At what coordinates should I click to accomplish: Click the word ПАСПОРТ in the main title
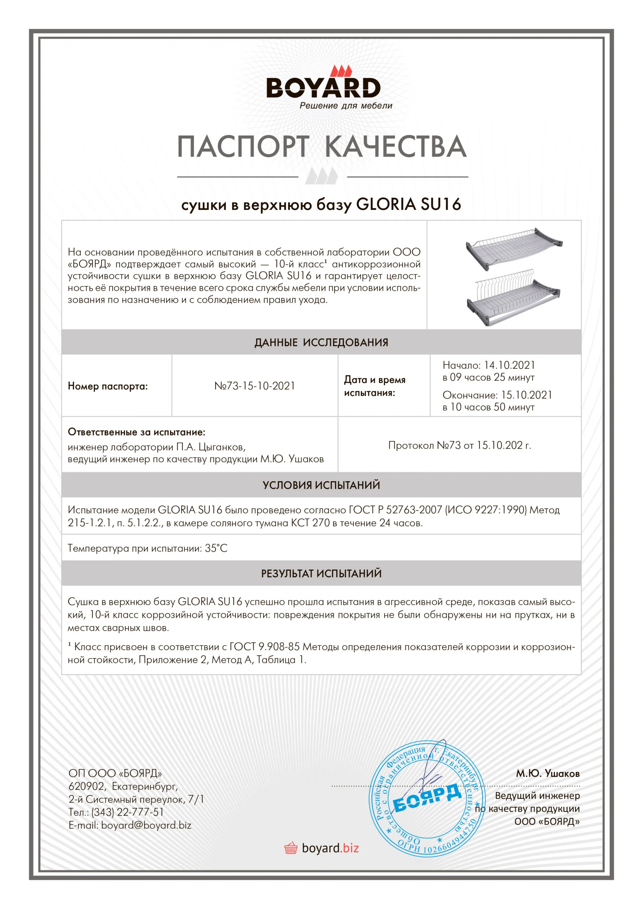243,147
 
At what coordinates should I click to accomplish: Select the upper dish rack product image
514,248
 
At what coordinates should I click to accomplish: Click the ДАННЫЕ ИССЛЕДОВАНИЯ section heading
321,342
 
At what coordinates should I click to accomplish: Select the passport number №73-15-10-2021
255,386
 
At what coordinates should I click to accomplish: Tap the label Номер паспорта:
108,386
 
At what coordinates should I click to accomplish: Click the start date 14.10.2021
509,365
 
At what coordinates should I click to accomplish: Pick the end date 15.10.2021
526,395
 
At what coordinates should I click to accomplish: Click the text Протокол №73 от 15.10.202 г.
460,445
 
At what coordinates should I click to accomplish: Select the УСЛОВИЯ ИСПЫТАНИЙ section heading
321,485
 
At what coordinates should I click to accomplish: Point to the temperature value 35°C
216,548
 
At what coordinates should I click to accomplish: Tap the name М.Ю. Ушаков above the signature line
547,773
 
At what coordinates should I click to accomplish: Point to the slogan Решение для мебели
346,106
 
